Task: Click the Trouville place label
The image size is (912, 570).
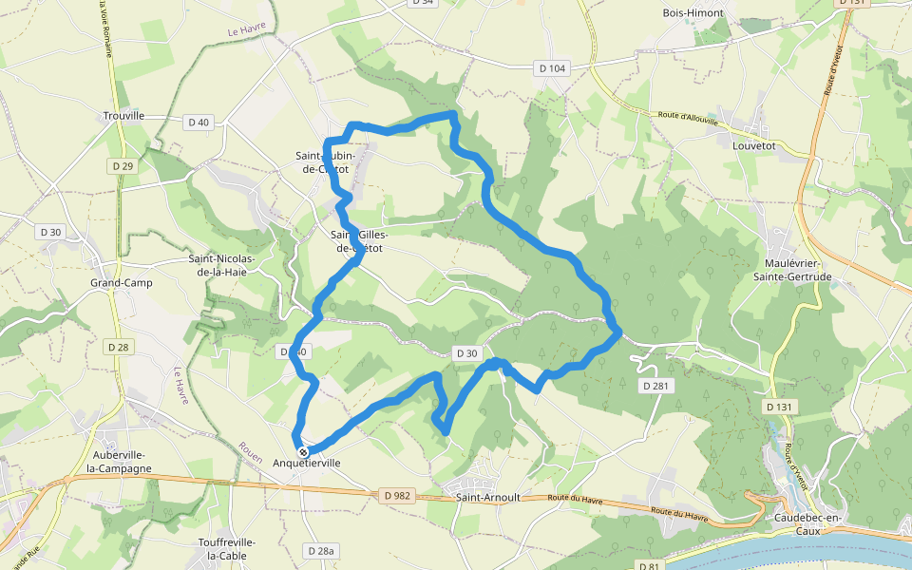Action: click(x=123, y=116)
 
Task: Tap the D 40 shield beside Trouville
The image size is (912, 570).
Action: click(x=198, y=122)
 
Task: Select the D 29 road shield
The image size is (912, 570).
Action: click(x=122, y=166)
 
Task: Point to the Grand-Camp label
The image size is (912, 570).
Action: click(x=121, y=283)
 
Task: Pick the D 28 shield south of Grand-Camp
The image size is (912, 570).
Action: click(x=118, y=347)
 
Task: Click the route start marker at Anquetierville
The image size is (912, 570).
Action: click(x=303, y=452)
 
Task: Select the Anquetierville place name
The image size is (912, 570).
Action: click(x=306, y=464)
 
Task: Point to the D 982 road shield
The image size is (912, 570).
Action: click(x=397, y=495)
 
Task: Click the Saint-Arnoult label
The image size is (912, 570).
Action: click(x=486, y=497)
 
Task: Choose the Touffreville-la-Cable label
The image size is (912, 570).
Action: click(x=227, y=548)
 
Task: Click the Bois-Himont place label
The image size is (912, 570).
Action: click(x=693, y=13)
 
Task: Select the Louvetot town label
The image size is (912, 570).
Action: click(x=754, y=147)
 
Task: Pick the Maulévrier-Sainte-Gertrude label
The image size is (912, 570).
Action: click(x=798, y=270)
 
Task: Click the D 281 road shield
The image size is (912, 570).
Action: click(x=656, y=386)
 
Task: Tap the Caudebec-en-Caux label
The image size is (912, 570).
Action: click(x=808, y=523)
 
